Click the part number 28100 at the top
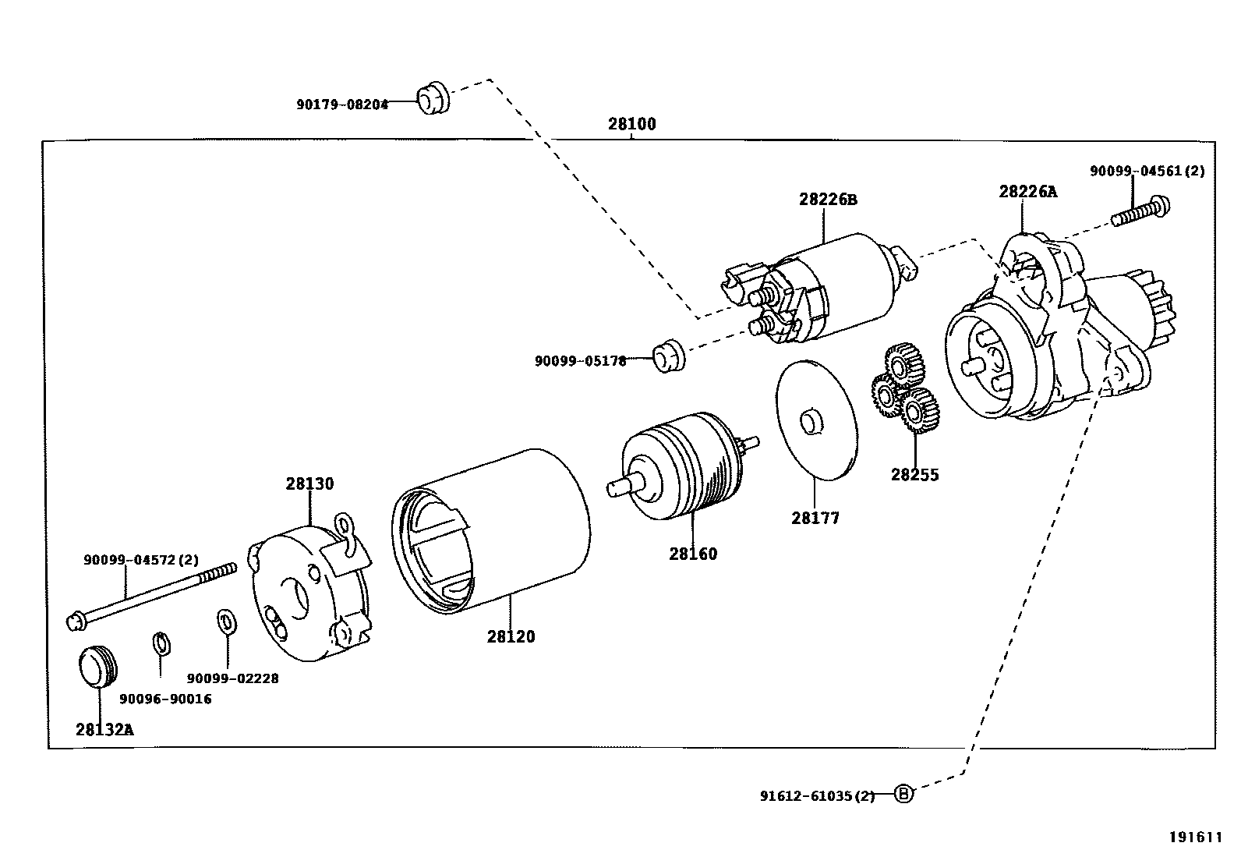tap(632, 124)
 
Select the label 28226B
tap(827, 200)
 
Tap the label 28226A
tap(1027, 192)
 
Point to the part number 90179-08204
tap(341, 104)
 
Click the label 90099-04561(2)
tap(1146, 171)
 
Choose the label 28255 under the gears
tap(915, 474)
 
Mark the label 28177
tap(815, 518)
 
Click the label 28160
tap(692, 554)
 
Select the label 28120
tap(511, 636)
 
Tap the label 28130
tap(309, 483)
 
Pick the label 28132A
tap(104, 730)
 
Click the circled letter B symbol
tap(903, 795)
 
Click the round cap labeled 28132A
tap(98, 666)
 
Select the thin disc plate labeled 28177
tap(816, 419)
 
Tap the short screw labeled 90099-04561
tap(1140, 211)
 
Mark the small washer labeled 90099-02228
tap(227, 622)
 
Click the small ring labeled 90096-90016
tap(161, 644)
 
